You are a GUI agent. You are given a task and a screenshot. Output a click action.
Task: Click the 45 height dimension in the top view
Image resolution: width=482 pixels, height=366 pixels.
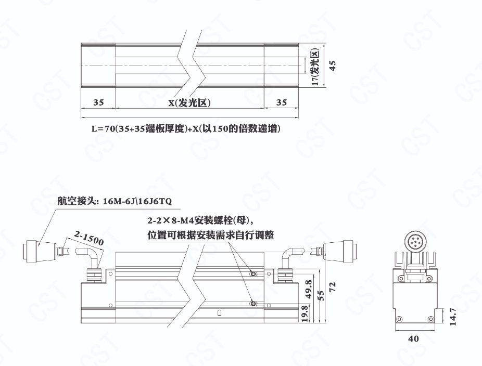(332, 66)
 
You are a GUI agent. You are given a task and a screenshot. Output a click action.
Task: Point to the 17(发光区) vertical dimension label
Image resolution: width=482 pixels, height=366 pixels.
(315, 68)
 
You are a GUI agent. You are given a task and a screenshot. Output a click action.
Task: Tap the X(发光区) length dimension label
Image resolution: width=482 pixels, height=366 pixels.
(189, 103)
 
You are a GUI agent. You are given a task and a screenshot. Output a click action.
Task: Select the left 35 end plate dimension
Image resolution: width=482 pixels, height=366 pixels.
(98, 102)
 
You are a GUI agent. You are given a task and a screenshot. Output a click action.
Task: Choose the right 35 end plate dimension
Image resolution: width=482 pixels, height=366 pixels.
(281, 102)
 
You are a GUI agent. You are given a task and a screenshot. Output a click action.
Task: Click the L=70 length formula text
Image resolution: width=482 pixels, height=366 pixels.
(186, 128)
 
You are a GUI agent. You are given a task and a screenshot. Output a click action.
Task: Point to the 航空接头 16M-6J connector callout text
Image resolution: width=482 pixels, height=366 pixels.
(115, 201)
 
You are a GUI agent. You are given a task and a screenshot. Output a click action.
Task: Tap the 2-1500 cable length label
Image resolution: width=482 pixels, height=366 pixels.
(89, 238)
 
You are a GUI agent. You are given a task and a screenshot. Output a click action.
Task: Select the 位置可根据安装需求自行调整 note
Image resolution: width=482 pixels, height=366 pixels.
(211, 235)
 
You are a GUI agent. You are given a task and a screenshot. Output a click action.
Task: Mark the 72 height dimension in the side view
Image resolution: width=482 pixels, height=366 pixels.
(332, 287)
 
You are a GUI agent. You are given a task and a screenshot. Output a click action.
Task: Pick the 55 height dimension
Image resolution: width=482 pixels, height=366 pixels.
(321, 295)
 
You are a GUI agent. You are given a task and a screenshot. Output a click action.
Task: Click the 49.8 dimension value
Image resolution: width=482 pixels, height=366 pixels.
(309, 289)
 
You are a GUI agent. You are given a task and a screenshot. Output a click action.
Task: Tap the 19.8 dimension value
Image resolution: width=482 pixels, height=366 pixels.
(305, 313)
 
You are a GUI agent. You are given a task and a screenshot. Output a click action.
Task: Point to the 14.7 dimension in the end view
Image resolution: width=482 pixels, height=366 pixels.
(452, 317)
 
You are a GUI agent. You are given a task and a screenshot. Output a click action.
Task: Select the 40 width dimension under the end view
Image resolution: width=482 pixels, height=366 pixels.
(413, 338)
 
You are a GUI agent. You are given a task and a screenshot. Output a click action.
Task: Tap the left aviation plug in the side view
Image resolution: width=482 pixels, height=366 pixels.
(40, 252)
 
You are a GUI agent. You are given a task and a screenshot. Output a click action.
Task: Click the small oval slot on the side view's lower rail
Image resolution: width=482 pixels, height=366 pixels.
(219, 313)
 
